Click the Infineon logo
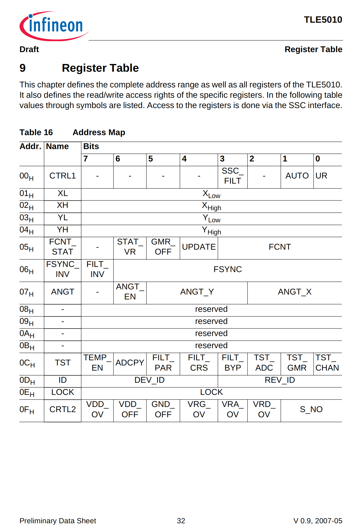(x=54, y=26)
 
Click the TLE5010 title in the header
(x=323, y=20)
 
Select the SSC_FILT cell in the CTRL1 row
(x=232, y=176)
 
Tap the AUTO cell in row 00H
(x=297, y=176)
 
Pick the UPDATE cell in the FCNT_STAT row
(x=199, y=247)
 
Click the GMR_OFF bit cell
(x=163, y=247)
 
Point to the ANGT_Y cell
(x=197, y=292)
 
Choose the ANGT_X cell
(x=294, y=292)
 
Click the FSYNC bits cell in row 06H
(x=227, y=269)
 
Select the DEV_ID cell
(x=149, y=380)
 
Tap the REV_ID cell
(x=280, y=380)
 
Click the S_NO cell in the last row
(x=311, y=410)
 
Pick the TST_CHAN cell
(x=327, y=363)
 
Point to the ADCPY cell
(x=130, y=363)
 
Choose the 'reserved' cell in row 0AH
(x=211, y=333)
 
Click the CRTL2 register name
(x=62, y=410)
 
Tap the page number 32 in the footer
(x=181, y=521)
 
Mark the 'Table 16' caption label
(x=36, y=133)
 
